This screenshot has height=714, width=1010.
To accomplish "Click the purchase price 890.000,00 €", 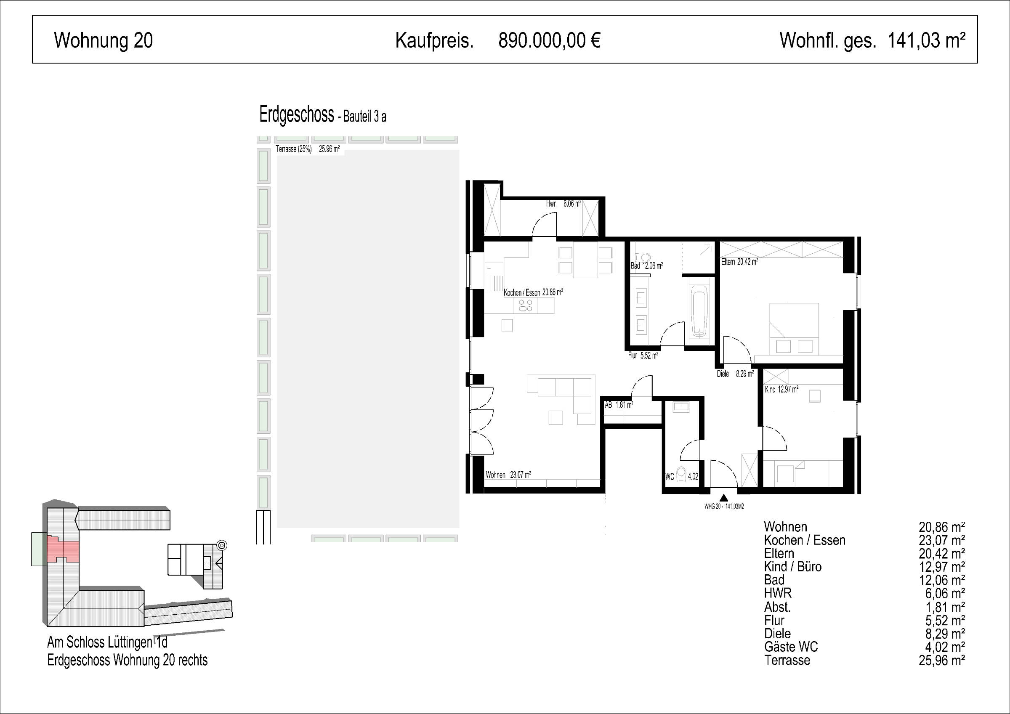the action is (x=550, y=40).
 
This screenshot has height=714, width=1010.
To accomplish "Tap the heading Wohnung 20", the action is (x=104, y=40).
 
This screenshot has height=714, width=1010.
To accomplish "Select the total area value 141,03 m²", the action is (x=926, y=40).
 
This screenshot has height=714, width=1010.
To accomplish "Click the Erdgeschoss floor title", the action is (x=297, y=115).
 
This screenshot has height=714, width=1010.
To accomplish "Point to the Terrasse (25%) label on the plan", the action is (x=294, y=149).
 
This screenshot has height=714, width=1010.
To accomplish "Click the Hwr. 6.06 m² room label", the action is (x=563, y=204).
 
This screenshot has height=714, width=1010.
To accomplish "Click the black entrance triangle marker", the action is (x=724, y=498).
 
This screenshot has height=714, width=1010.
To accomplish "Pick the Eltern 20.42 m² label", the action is (x=739, y=262).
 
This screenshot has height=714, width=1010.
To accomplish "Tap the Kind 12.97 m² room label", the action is (x=781, y=389).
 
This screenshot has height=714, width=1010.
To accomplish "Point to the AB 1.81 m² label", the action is (x=619, y=405).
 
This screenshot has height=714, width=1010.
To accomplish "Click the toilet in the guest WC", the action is (x=681, y=475).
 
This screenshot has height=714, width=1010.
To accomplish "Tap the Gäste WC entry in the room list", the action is (x=791, y=647).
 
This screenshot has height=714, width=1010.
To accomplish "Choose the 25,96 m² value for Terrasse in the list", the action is (x=942, y=660).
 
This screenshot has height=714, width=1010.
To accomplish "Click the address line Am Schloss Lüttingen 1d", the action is (x=107, y=643).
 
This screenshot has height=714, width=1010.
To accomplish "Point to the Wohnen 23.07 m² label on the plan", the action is (x=508, y=475).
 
